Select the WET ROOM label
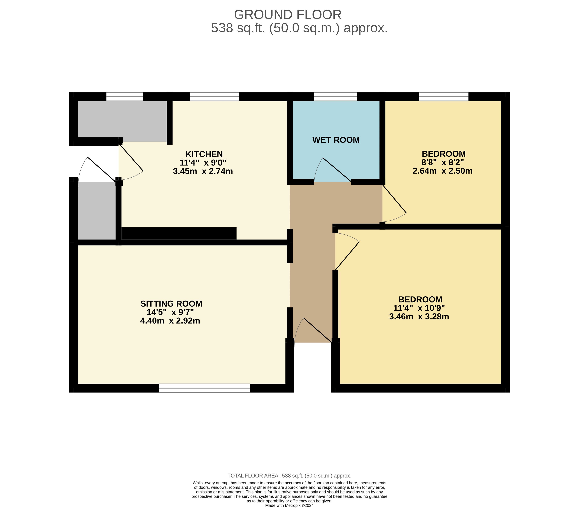[336, 140]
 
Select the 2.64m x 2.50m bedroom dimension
[442, 171]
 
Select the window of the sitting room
[205, 388]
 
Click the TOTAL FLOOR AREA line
[289, 476]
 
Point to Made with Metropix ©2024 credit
[289, 506]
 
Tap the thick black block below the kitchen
[179, 233]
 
